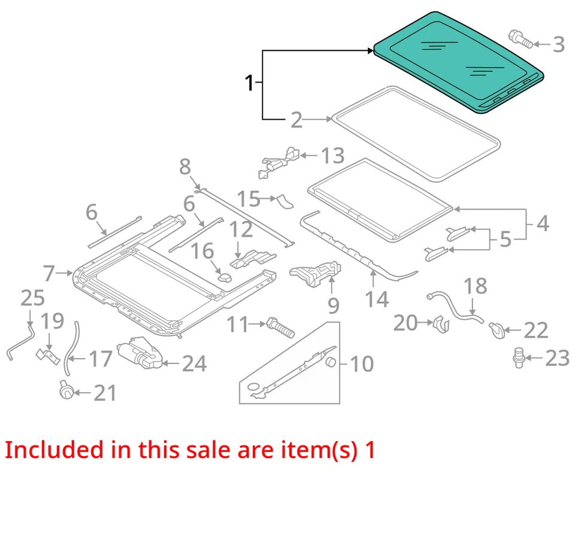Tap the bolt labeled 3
(520, 40)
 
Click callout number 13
(332, 156)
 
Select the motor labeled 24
(140, 355)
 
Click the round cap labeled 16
(224, 278)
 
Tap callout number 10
(362, 363)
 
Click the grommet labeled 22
(495, 329)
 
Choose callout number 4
(542, 223)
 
